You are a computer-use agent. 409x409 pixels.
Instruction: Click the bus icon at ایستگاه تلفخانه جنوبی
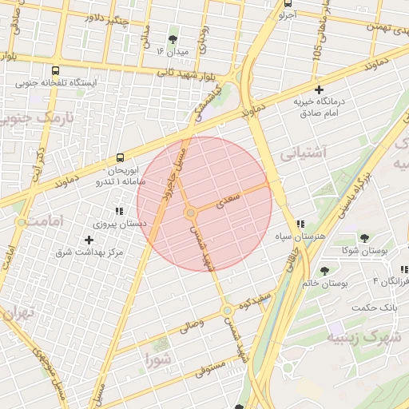coord(54,69)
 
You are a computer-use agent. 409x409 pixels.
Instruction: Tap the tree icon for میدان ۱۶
coord(173,38)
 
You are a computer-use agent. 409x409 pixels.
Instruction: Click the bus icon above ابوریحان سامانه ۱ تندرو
coord(120,157)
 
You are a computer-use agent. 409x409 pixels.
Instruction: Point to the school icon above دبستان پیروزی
coord(119,211)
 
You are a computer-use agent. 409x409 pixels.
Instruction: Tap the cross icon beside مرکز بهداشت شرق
coord(89,240)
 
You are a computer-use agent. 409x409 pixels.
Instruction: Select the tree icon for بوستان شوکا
coord(364,238)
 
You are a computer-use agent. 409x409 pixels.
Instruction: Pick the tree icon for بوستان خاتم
coord(324,271)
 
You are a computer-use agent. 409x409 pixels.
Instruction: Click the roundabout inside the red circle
coord(190,213)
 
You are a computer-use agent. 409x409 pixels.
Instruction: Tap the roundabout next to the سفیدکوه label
coord(227,310)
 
